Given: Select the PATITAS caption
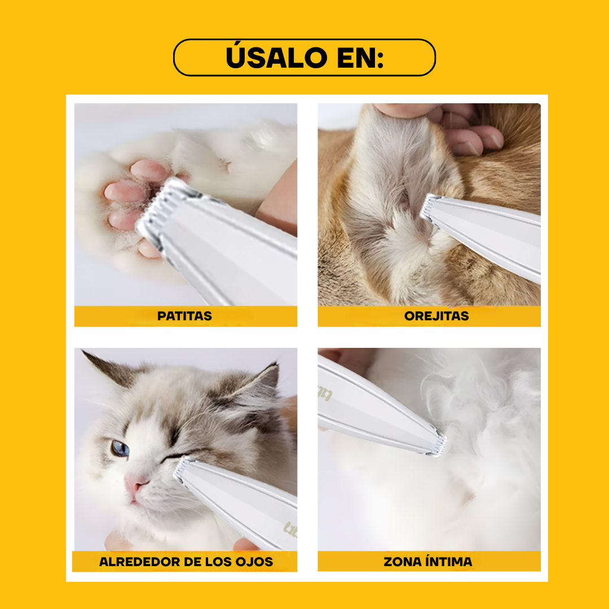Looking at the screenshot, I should [x=184, y=316].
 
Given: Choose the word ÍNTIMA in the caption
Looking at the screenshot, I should [x=450, y=562].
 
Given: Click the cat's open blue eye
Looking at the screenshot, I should [x=120, y=448].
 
